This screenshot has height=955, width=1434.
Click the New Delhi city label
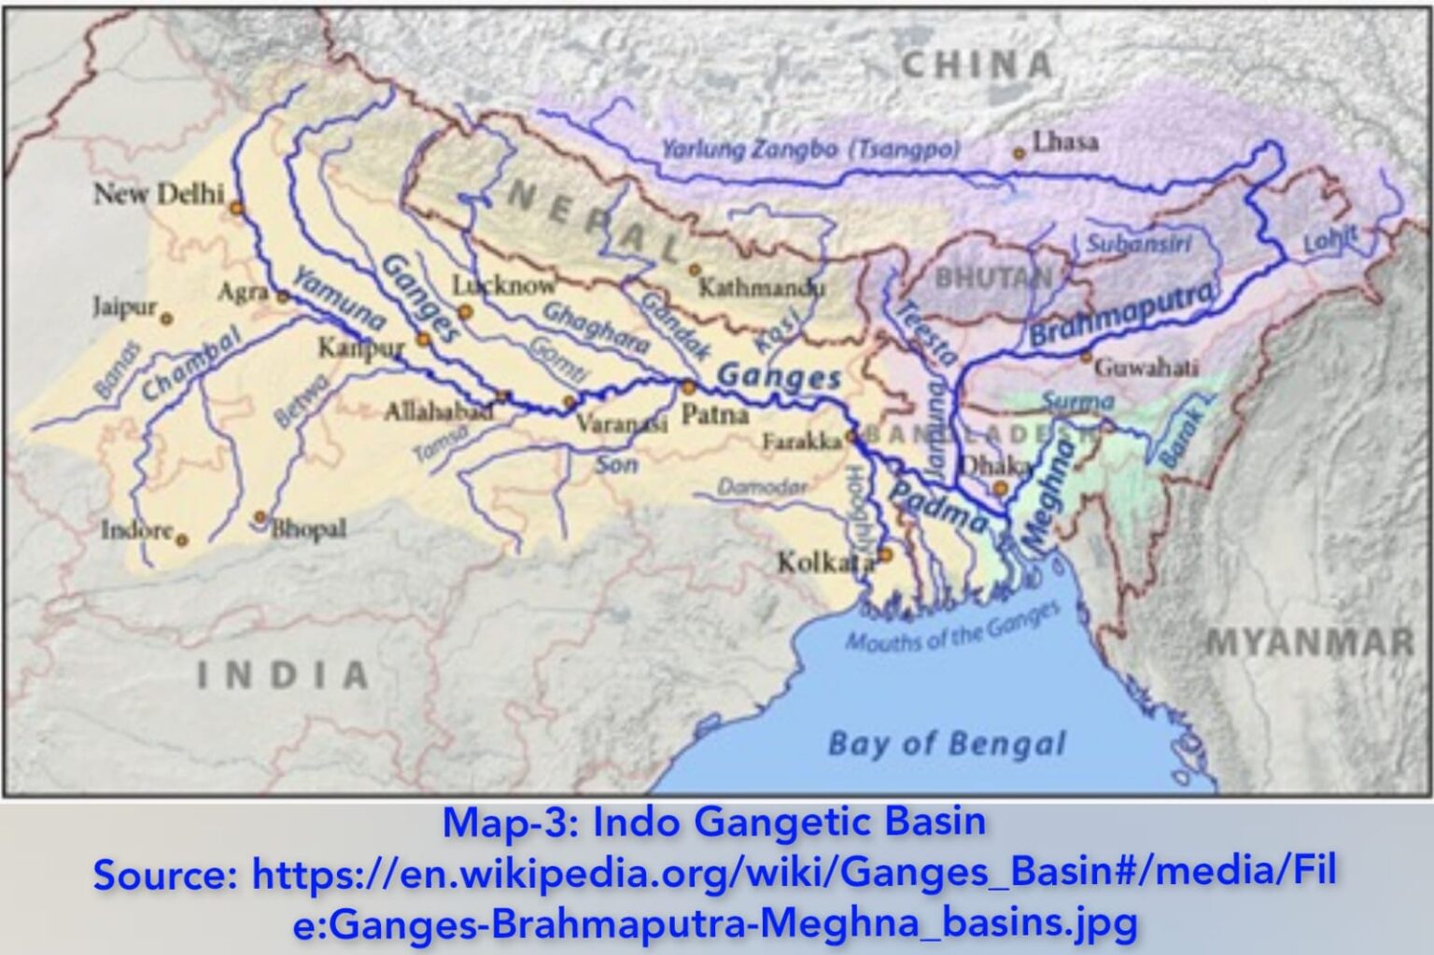[159, 194]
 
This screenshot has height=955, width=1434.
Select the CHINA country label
[977, 65]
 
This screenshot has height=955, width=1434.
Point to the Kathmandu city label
[762, 287]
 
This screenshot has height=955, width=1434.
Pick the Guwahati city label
[1146, 367]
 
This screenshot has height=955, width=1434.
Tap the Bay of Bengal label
[946, 744]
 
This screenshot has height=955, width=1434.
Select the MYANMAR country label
[1310, 642]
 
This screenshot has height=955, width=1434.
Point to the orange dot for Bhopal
[260, 516]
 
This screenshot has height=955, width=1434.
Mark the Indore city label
[137, 530]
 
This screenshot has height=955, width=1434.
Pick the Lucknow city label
[504, 285]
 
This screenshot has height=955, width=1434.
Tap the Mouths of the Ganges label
[952, 627]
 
